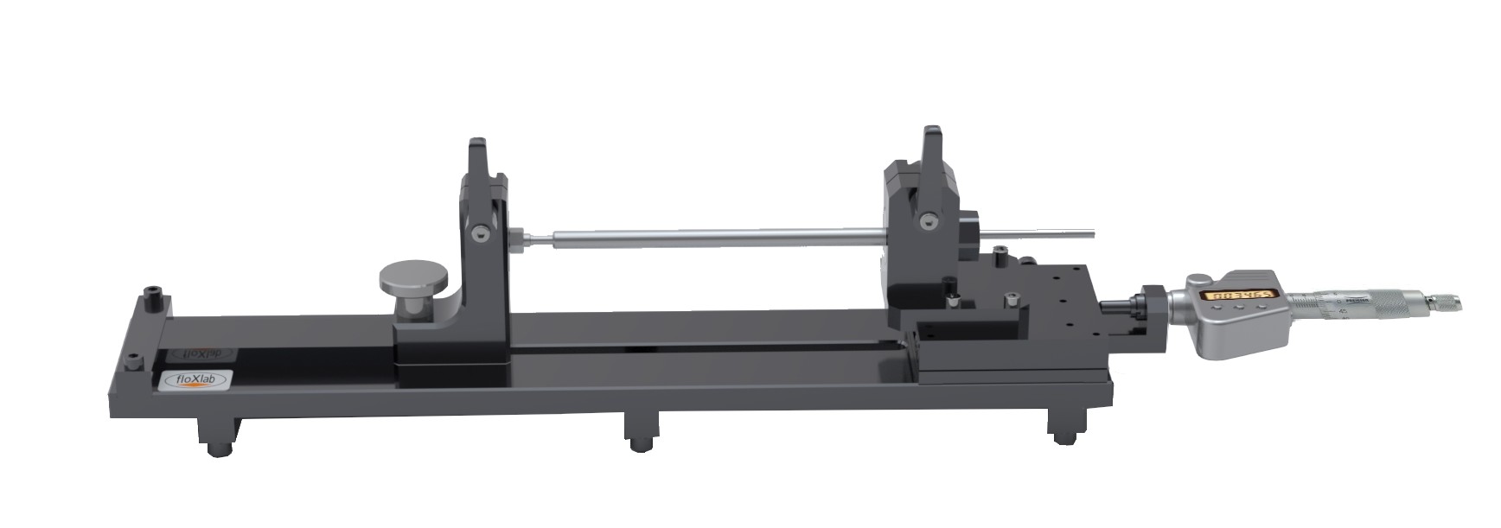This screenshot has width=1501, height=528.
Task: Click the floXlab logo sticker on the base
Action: pos(195,379)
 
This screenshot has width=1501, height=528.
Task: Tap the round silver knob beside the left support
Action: pos(414,278)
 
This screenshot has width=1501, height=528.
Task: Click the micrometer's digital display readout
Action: pos(1241,295)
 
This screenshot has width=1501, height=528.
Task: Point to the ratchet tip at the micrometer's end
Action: pos(1445,302)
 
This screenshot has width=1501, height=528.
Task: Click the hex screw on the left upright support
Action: pos(481,232)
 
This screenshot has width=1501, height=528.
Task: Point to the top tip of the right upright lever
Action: pos(931,132)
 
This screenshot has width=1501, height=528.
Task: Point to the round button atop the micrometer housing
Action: pos(1200,280)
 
